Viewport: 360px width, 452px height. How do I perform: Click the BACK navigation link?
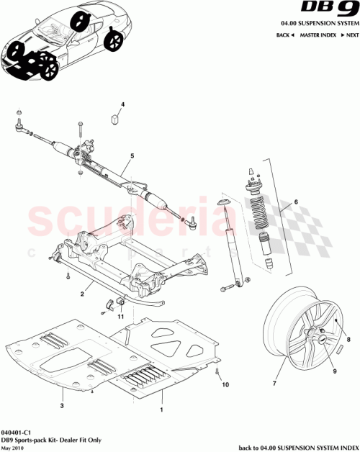284,35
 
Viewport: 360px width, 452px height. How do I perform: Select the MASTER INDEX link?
319,35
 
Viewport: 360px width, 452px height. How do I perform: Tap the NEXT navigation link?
351,35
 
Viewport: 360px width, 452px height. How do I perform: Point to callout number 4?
122,105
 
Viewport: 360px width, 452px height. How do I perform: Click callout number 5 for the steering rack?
132,155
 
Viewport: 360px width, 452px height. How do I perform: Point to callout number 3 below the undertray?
63,407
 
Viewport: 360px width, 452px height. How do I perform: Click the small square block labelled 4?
114,117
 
